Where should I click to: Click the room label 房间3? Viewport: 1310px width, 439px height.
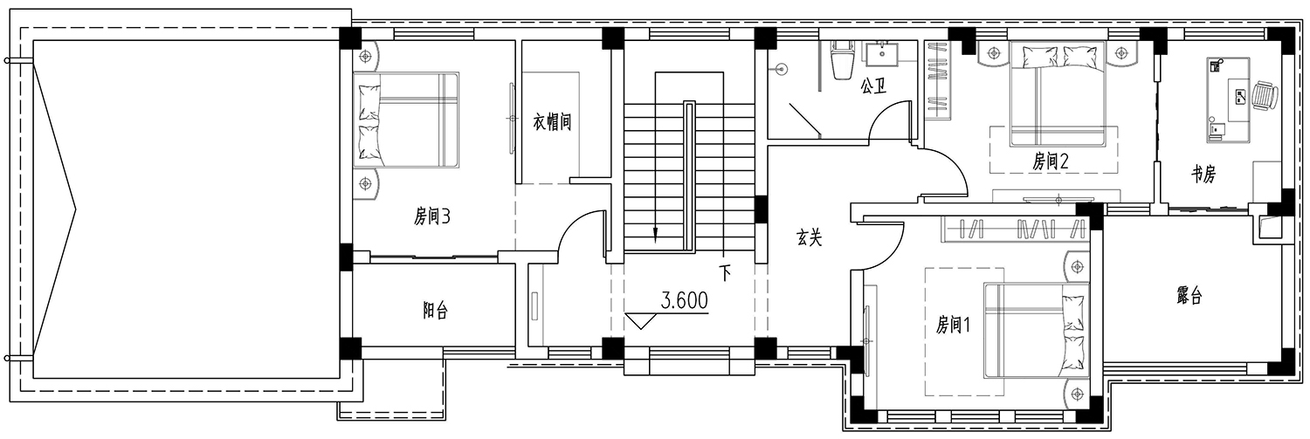(x=432, y=216)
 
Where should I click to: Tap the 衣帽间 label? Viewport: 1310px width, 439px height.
(x=551, y=121)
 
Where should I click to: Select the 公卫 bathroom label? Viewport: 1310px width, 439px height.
(x=872, y=86)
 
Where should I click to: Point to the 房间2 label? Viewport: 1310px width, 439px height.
(x=1050, y=161)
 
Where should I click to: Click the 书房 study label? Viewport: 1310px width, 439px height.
(x=1203, y=174)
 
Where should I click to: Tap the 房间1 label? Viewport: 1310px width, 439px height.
(x=954, y=325)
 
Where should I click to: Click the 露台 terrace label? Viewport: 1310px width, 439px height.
(x=1189, y=296)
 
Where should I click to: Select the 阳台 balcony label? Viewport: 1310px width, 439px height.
(x=435, y=311)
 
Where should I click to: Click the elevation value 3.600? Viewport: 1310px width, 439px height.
(x=684, y=300)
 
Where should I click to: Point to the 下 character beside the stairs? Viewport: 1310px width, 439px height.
(x=725, y=273)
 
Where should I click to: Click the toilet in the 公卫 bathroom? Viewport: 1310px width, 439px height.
(x=842, y=59)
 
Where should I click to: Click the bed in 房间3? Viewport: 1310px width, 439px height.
(x=406, y=120)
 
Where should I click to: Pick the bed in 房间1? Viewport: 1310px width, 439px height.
(x=1037, y=331)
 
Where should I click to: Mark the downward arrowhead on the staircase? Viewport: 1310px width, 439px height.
(x=655, y=235)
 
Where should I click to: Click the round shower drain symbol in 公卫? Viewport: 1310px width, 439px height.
(x=781, y=69)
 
